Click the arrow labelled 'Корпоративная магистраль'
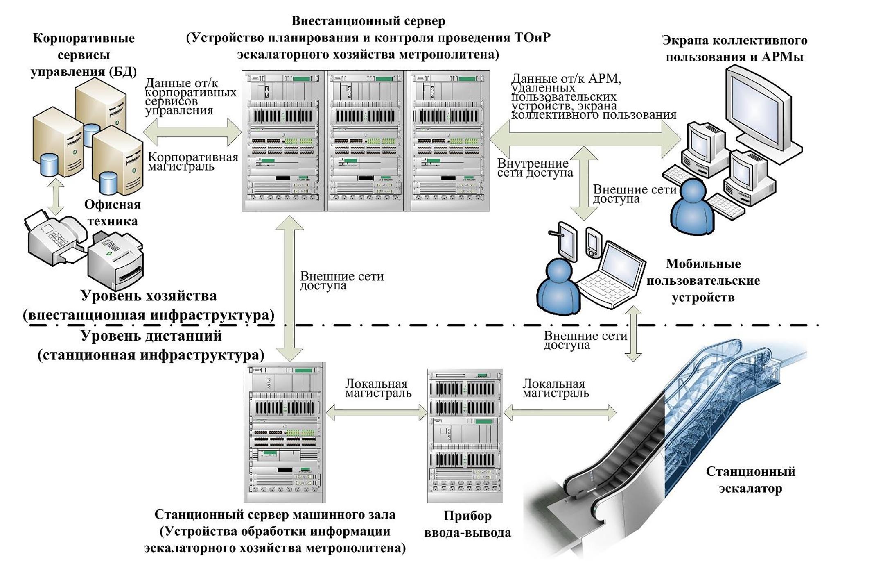(192, 132)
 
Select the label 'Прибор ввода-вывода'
(467, 524)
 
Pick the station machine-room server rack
(285, 432)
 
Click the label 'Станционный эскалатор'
(750, 480)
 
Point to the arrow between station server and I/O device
(377, 413)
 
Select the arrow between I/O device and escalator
(559, 413)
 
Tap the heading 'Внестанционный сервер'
(368, 20)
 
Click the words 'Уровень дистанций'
(151, 336)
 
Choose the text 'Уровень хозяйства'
(149, 296)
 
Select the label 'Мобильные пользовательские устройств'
(703, 280)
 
